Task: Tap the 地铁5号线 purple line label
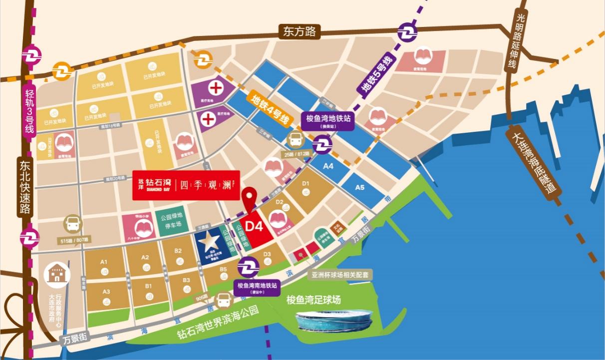(377, 75)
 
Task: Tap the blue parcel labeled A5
(360, 188)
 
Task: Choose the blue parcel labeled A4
(328, 166)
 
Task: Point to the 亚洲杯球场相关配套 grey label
(340, 275)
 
